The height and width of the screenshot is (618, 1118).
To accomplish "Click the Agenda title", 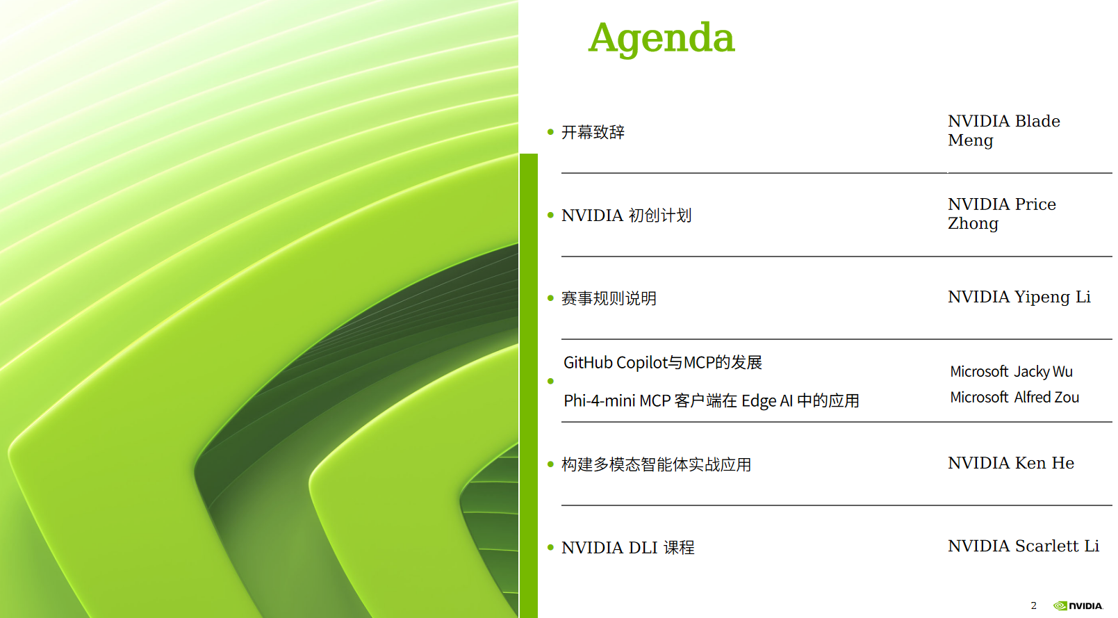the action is (661, 38).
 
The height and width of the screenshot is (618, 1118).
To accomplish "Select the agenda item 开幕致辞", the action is (593, 132).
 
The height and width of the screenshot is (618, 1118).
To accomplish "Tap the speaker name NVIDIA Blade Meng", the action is (1004, 131).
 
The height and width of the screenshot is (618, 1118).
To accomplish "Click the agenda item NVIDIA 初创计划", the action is (626, 216).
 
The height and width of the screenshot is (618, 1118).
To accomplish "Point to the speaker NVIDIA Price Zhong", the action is (1002, 213).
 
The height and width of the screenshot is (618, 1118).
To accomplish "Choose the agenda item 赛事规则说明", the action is (609, 298).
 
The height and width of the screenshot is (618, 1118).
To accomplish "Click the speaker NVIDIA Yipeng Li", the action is (1019, 298).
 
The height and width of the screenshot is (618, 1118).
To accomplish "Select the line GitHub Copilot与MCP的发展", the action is (663, 362).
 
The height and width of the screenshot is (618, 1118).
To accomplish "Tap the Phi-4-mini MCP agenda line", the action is (712, 401).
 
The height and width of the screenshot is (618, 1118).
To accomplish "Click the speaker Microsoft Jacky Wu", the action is (1011, 372).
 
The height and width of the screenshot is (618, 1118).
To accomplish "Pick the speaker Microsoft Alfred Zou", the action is (1014, 398).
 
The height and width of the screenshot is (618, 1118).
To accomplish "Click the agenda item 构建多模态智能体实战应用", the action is (657, 465).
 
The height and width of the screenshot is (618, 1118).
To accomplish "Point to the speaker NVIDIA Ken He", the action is (1011, 463).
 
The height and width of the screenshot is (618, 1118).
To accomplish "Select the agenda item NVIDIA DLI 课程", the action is (628, 548).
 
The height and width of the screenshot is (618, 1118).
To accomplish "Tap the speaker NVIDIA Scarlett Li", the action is (1024, 546).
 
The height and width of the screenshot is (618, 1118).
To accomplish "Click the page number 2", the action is (1034, 605).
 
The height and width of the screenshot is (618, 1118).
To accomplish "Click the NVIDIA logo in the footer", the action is (1078, 606).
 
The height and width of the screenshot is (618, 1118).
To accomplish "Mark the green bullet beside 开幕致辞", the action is (550, 132).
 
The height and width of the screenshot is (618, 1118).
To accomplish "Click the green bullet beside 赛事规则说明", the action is (550, 298).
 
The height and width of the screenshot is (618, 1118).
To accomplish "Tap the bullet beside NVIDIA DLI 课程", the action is (550, 548).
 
